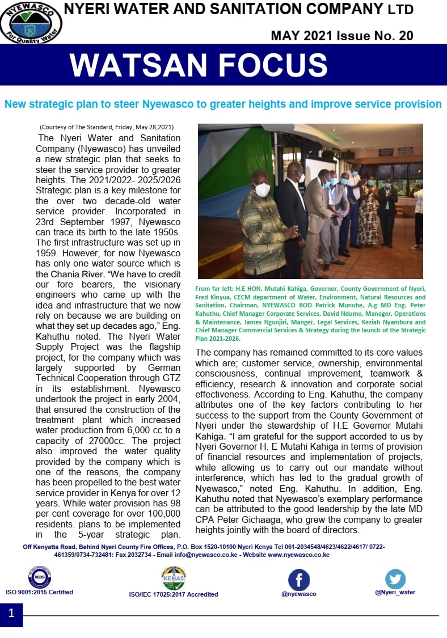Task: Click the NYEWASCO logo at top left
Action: coord(31,22)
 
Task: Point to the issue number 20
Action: coord(406,36)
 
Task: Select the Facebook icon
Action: coord(299,580)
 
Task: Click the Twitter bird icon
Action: coord(395,578)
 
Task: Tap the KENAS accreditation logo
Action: coord(174,578)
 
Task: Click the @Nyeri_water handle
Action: coord(395,592)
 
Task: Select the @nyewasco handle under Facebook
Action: coord(298,594)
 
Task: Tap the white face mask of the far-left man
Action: coord(262,190)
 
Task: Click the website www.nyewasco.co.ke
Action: coord(298,555)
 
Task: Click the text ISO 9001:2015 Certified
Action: coord(40,592)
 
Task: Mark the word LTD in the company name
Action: coord(401,10)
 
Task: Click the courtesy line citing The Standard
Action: coord(106,127)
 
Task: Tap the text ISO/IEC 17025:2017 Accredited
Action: coord(174,594)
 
